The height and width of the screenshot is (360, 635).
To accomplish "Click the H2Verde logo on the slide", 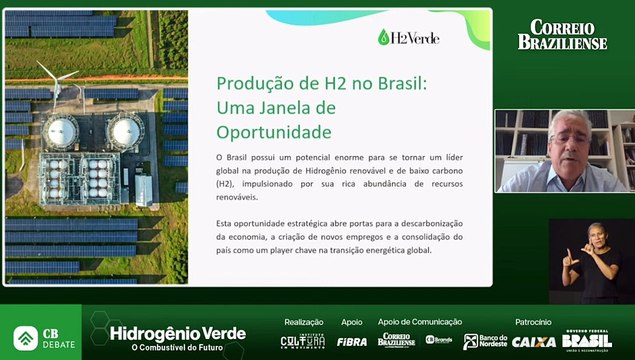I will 408,38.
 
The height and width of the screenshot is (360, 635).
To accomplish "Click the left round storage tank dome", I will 60,131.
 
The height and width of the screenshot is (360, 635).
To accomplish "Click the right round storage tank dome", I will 125,129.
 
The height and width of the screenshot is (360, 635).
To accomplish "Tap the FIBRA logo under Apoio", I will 351,340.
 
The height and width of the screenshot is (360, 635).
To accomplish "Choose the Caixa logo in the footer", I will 533,341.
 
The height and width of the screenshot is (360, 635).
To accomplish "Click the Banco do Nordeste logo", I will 486,341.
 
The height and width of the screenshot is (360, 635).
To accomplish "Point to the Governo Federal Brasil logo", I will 587,339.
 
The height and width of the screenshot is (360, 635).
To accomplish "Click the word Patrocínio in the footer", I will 533,322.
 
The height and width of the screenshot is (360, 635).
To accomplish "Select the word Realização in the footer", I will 304,322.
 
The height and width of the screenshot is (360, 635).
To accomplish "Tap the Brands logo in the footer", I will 439,340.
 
